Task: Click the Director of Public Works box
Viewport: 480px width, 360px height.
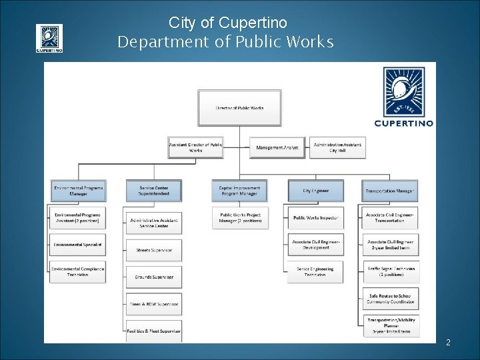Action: click(x=240, y=107)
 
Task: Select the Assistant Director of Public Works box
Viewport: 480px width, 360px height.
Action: click(x=195, y=147)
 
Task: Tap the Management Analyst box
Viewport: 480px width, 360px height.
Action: click(x=277, y=147)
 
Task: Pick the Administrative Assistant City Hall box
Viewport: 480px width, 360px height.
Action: click(x=337, y=147)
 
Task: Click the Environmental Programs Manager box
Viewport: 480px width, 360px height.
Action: click(x=78, y=191)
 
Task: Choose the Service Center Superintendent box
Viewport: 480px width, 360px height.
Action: click(x=153, y=191)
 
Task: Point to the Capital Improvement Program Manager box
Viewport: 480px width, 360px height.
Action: click(x=240, y=191)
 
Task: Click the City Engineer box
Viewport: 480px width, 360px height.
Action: click(x=316, y=191)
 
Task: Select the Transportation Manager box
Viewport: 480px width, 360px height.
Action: click(x=390, y=191)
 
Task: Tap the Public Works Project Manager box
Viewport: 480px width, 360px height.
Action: click(x=240, y=218)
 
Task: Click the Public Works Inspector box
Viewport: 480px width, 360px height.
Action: click(x=316, y=217)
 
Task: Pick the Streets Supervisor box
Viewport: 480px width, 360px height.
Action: click(x=153, y=250)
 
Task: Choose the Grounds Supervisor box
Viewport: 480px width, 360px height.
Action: click(x=153, y=277)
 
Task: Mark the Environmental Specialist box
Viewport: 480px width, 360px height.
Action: click(x=78, y=245)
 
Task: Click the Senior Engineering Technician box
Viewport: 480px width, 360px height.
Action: click(x=316, y=271)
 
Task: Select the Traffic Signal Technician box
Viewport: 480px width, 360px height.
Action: click(x=391, y=271)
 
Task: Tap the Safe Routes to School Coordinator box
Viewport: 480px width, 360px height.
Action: click(x=391, y=298)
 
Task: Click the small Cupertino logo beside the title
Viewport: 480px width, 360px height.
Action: click(x=49, y=38)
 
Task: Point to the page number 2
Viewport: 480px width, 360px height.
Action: click(x=448, y=343)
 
